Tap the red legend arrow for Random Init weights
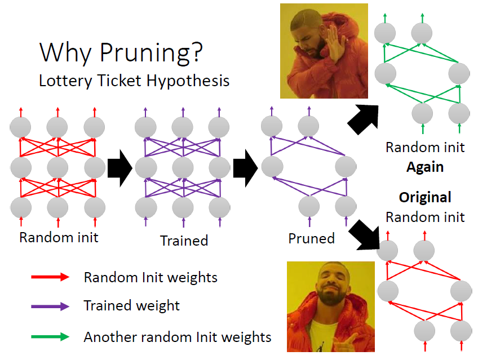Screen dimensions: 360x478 [x=50, y=277]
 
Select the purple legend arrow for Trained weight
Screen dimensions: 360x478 [x=50, y=306]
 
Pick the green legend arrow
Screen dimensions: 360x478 [x=50, y=337]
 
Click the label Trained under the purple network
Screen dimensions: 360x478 [x=184, y=241]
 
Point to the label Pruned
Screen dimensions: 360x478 [x=311, y=238]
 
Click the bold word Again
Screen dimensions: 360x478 [x=425, y=167]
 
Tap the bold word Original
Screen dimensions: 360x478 [x=425, y=198]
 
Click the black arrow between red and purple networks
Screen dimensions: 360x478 [x=119, y=167]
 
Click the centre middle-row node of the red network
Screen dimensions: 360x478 [x=57, y=167]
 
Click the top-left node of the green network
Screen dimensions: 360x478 [x=386, y=31]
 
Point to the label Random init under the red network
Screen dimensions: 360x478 [x=59, y=237]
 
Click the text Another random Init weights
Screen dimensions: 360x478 [x=178, y=337]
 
